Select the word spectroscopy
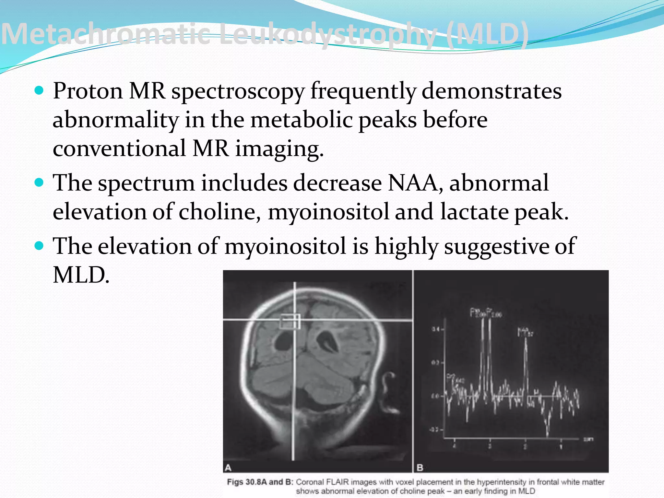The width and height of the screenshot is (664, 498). (x=238, y=91)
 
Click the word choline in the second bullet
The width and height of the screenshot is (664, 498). (x=219, y=212)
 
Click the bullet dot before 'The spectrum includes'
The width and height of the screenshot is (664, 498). (x=39, y=183)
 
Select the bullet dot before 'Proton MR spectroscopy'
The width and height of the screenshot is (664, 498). (x=39, y=90)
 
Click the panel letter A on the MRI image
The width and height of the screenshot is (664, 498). (x=228, y=468)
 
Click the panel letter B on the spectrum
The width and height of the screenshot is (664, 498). (x=420, y=468)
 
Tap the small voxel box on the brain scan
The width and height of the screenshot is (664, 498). (x=290, y=321)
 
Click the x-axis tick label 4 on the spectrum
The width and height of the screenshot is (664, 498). (x=454, y=446)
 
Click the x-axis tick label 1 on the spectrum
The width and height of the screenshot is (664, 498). (x=561, y=446)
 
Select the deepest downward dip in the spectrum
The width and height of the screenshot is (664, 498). (x=548, y=433)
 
